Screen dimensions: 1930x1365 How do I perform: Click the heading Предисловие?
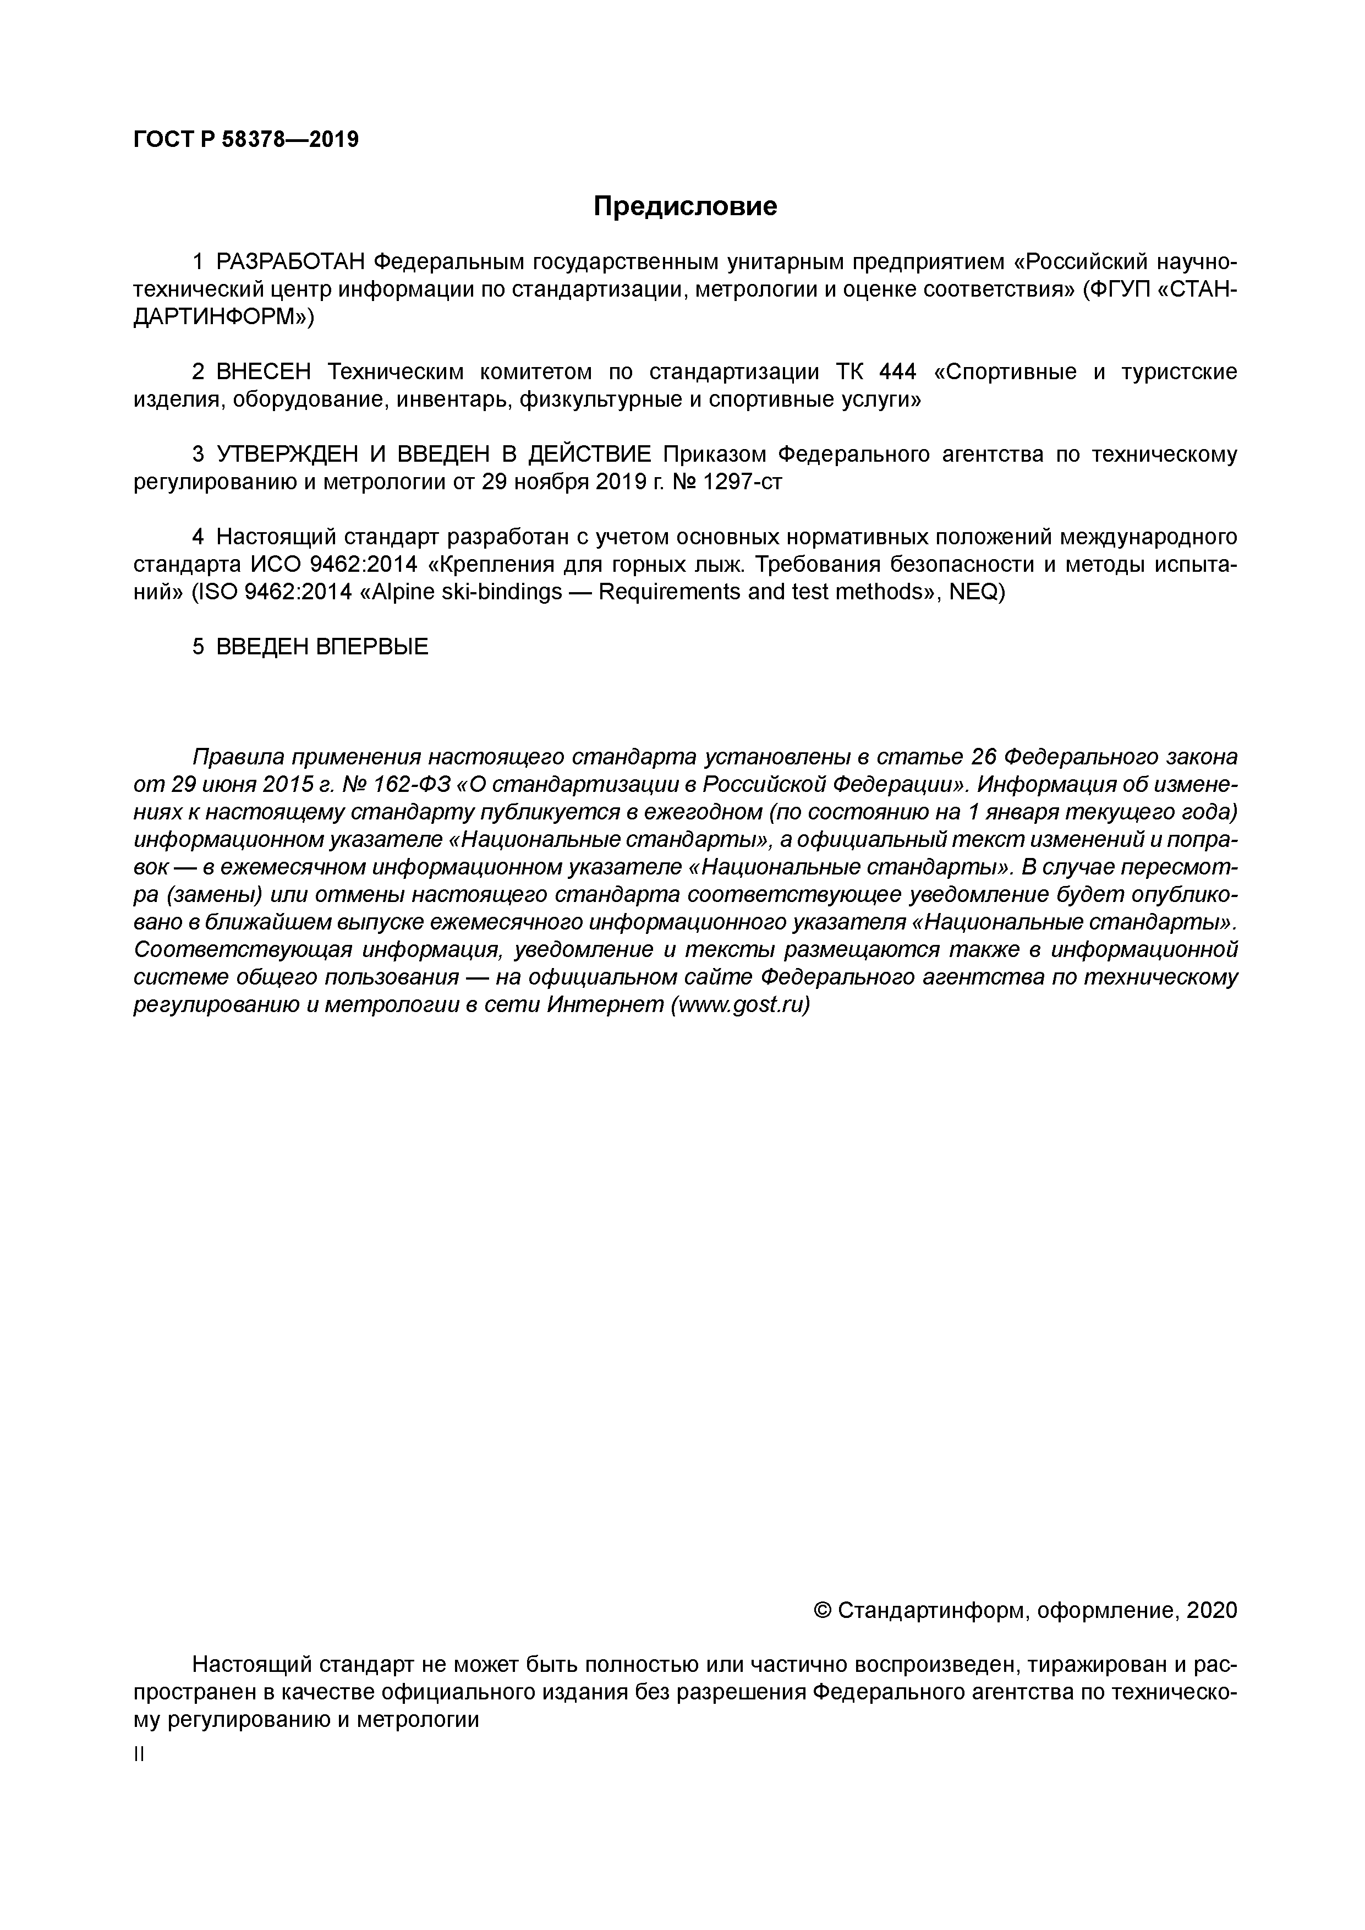(x=685, y=206)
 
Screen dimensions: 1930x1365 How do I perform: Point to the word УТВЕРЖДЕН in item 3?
(x=287, y=455)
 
